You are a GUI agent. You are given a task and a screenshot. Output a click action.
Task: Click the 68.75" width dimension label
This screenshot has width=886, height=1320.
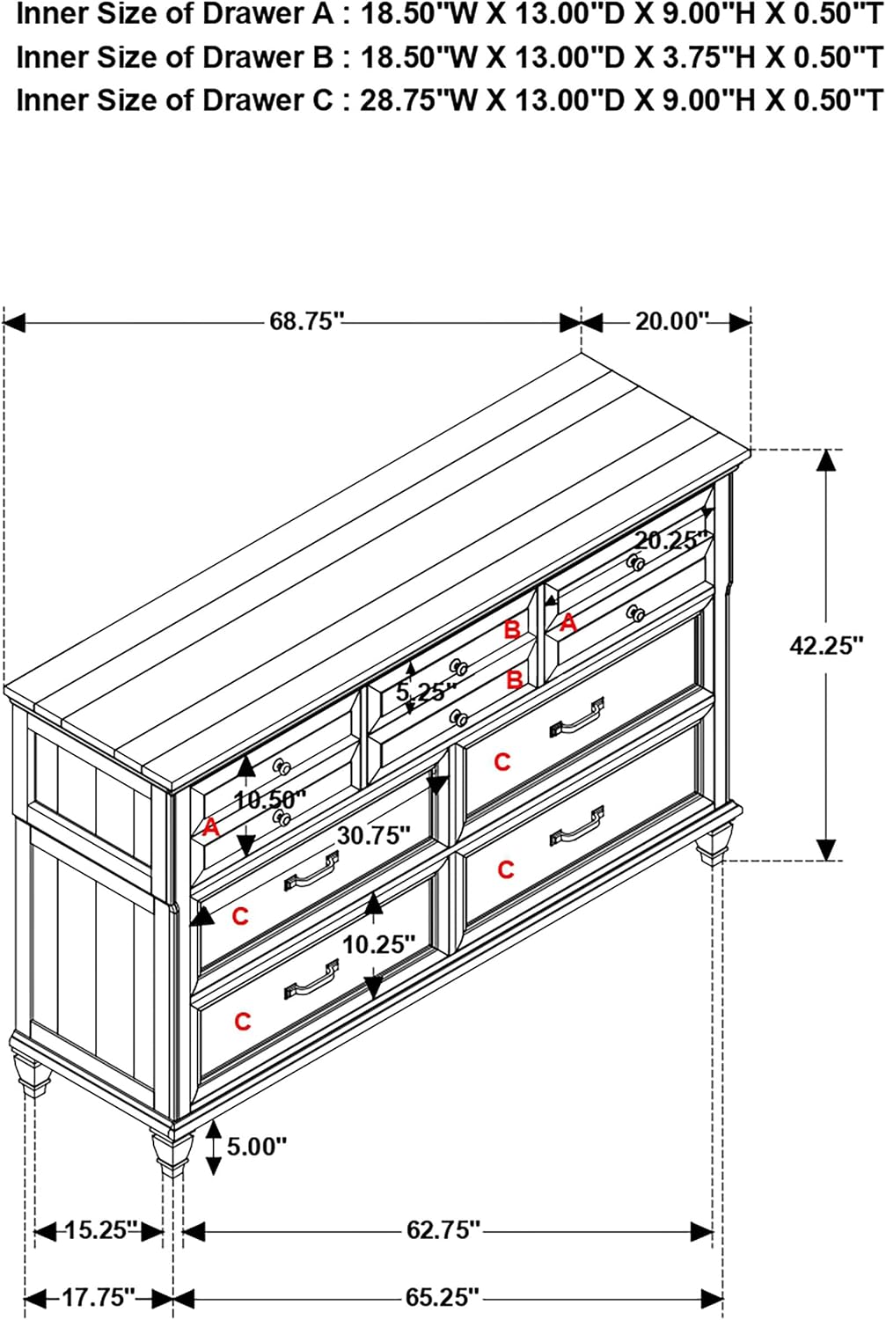pyautogui.click(x=306, y=322)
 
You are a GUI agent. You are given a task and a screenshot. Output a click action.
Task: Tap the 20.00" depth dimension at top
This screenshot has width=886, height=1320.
pyautogui.click(x=671, y=322)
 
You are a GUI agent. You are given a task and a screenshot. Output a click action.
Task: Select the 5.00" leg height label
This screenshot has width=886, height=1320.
pyautogui.click(x=257, y=1147)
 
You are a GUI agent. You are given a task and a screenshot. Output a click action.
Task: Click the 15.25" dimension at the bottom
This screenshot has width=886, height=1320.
pyautogui.click(x=100, y=1230)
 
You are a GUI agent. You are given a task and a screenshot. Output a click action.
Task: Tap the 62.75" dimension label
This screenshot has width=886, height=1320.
pyautogui.click(x=443, y=1230)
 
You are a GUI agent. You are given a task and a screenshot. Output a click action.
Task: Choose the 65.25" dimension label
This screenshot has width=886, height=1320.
pyautogui.click(x=442, y=1297)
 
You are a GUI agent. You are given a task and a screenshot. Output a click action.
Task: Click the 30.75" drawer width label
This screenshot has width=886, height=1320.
pyautogui.click(x=373, y=835)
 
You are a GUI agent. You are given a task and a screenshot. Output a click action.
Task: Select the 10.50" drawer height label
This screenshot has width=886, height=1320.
pyautogui.click(x=270, y=800)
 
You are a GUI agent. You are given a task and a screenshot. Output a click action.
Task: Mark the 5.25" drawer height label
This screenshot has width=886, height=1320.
pyautogui.click(x=426, y=691)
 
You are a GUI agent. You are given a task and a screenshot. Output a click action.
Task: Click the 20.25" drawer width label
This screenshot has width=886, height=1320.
pyautogui.click(x=670, y=540)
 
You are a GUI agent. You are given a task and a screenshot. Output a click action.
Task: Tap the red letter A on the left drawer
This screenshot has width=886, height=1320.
pyautogui.click(x=210, y=828)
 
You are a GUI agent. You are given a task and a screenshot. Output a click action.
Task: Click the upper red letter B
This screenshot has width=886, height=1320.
pyautogui.click(x=513, y=630)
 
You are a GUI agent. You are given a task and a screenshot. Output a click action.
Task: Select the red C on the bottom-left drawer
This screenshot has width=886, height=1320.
pyautogui.click(x=243, y=1021)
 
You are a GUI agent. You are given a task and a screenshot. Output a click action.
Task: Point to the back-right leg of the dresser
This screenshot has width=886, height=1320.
pyautogui.click(x=714, y=845)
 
